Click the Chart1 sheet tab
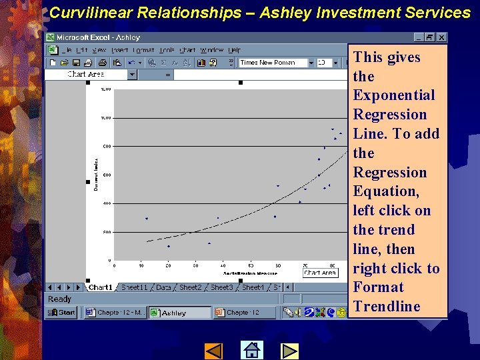point(101,287)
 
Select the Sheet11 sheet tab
point(134,287)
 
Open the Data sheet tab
point(163,287)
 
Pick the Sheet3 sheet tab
point(222,287)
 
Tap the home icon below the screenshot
point(251,350)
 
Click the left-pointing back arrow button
point(213,350)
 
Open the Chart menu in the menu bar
point(188,50)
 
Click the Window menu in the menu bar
point(211,50)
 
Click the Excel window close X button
point(442,38)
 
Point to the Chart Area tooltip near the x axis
point(320,273)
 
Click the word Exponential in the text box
point(393,95)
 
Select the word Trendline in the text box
point(387,307)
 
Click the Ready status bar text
point(59,299)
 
